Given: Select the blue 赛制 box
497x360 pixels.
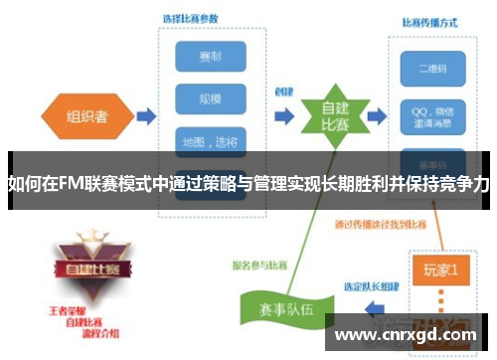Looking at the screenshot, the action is coord(210,57).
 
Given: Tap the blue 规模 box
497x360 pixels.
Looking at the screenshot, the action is coord(210,98).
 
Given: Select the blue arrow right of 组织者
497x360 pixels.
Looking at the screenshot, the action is coord(144,117).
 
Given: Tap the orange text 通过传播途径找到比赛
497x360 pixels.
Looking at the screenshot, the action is coord(381,223).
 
